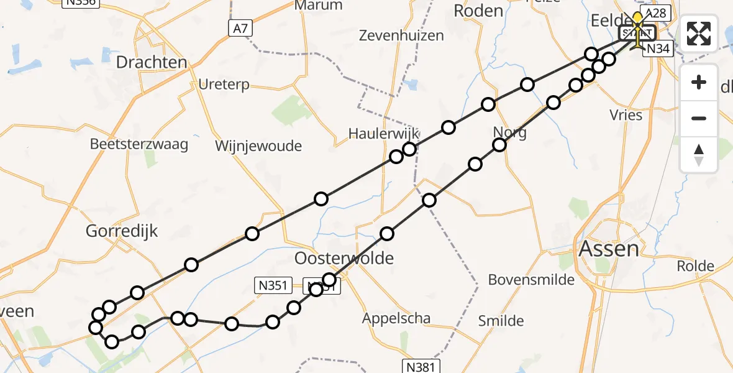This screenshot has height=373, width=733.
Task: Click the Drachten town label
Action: pos(152,62)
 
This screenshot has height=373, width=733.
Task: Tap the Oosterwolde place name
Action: pos(345,257)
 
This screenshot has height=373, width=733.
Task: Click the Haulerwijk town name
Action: pos(384,134)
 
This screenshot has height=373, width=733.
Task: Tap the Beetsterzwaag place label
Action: pos(139,144)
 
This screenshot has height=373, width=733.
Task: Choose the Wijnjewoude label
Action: pos(258,146)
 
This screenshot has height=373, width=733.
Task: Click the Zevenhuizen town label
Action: pos(402,35)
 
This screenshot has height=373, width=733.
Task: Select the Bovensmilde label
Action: pos(531,280)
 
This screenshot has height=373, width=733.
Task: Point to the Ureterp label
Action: pos(224,84)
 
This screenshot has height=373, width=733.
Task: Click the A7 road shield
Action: pos(242,27)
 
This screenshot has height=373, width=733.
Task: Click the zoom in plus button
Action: pos(699,83)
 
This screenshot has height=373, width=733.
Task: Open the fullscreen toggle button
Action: pos(699,34)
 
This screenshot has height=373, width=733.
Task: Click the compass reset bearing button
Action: pos(699,155)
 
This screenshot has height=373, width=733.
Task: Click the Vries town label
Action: pos(626,115)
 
